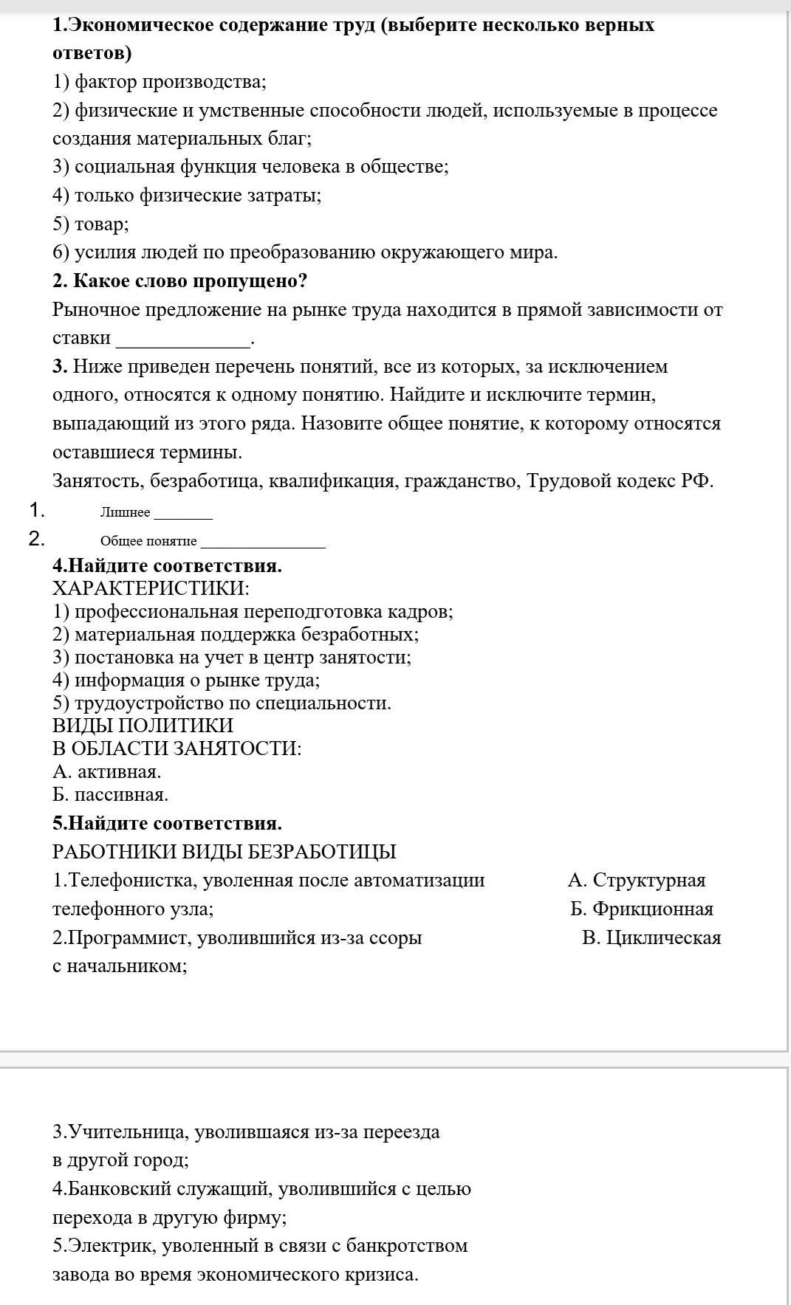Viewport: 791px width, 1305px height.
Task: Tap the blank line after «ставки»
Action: (184, 342)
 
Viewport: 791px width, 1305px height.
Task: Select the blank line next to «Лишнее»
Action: (182, 515)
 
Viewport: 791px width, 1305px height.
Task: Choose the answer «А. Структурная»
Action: (637, 880)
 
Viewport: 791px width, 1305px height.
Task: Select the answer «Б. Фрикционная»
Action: (642, 909)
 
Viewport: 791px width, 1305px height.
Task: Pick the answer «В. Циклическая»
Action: (651, 937)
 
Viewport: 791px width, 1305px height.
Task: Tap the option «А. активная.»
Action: (107, 772)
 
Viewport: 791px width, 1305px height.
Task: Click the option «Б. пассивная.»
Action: (111, 795)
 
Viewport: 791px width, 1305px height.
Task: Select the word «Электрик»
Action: (112, 1246)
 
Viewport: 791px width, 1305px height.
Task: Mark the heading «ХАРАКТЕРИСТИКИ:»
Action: (151, 588)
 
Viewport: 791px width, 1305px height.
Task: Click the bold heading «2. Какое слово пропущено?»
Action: (179, 281)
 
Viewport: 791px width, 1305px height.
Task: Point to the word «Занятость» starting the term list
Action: (98, 481)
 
